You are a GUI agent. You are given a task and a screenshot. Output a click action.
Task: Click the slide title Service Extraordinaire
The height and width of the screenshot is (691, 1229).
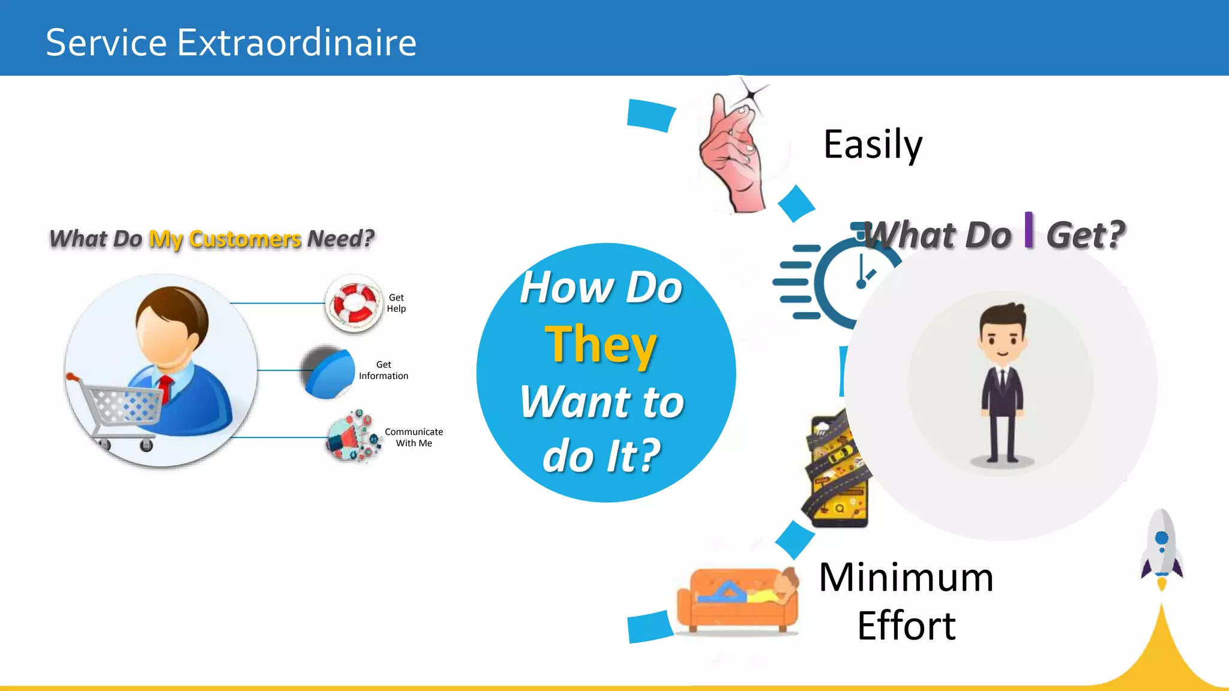click(231, 43)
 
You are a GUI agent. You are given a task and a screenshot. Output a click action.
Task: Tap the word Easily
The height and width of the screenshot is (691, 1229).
click(873, 145)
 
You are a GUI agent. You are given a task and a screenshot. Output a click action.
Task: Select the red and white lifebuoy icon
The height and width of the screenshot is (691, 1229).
click(354, 303)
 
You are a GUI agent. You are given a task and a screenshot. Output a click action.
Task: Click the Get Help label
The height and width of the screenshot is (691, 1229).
click(396, 303)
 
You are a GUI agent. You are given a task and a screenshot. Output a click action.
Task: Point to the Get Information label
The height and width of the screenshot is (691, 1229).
click(383, 370)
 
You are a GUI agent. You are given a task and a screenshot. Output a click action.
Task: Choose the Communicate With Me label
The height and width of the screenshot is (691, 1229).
click(414, 437)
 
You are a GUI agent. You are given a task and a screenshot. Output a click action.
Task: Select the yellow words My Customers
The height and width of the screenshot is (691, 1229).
click(225, 239)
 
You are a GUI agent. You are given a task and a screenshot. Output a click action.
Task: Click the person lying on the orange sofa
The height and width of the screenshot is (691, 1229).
click(756, 591)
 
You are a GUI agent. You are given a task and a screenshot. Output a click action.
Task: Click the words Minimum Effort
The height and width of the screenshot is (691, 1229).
click(906, 601)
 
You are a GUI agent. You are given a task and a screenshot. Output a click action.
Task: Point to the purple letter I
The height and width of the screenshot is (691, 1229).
click(1029, 230)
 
